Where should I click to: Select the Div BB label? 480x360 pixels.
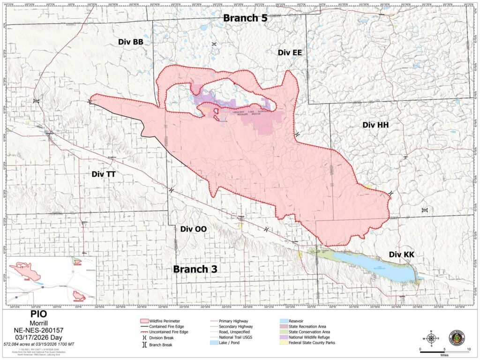[131, 42]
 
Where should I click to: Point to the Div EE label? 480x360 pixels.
[289, 52]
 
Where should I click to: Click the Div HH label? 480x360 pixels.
[376, 125]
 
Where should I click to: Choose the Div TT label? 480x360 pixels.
[104, 174]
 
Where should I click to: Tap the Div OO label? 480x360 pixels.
[193, 229]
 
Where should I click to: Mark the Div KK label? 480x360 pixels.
[402, 254]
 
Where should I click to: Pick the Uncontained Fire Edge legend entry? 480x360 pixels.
[169, 331]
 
